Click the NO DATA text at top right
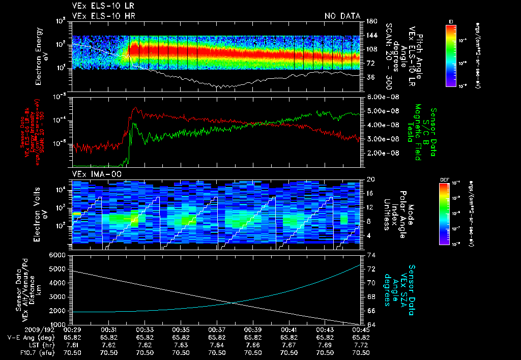point(342,16)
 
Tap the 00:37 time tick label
point(217,329)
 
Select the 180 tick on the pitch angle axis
point(371,21)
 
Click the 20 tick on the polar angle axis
point(370,179)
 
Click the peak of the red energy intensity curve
point(135,108)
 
